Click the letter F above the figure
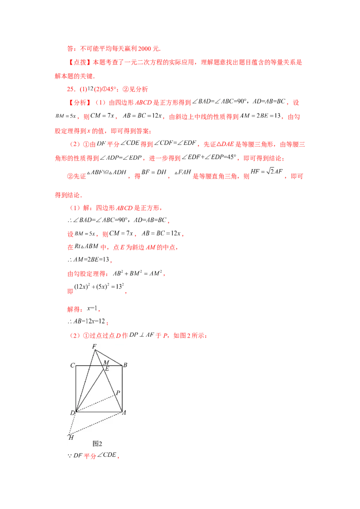click(94, 346)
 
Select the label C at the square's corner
click(72, 365)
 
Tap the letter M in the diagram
click(106, 362)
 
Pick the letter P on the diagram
click(118, 393)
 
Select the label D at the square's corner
click(72, 413)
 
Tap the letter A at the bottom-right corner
click(124, 413)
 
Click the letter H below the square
click(70, 437)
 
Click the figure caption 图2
click(97, 443)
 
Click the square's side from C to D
click(76, 389)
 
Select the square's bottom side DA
click(99, 411)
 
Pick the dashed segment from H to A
click(97, 423)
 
